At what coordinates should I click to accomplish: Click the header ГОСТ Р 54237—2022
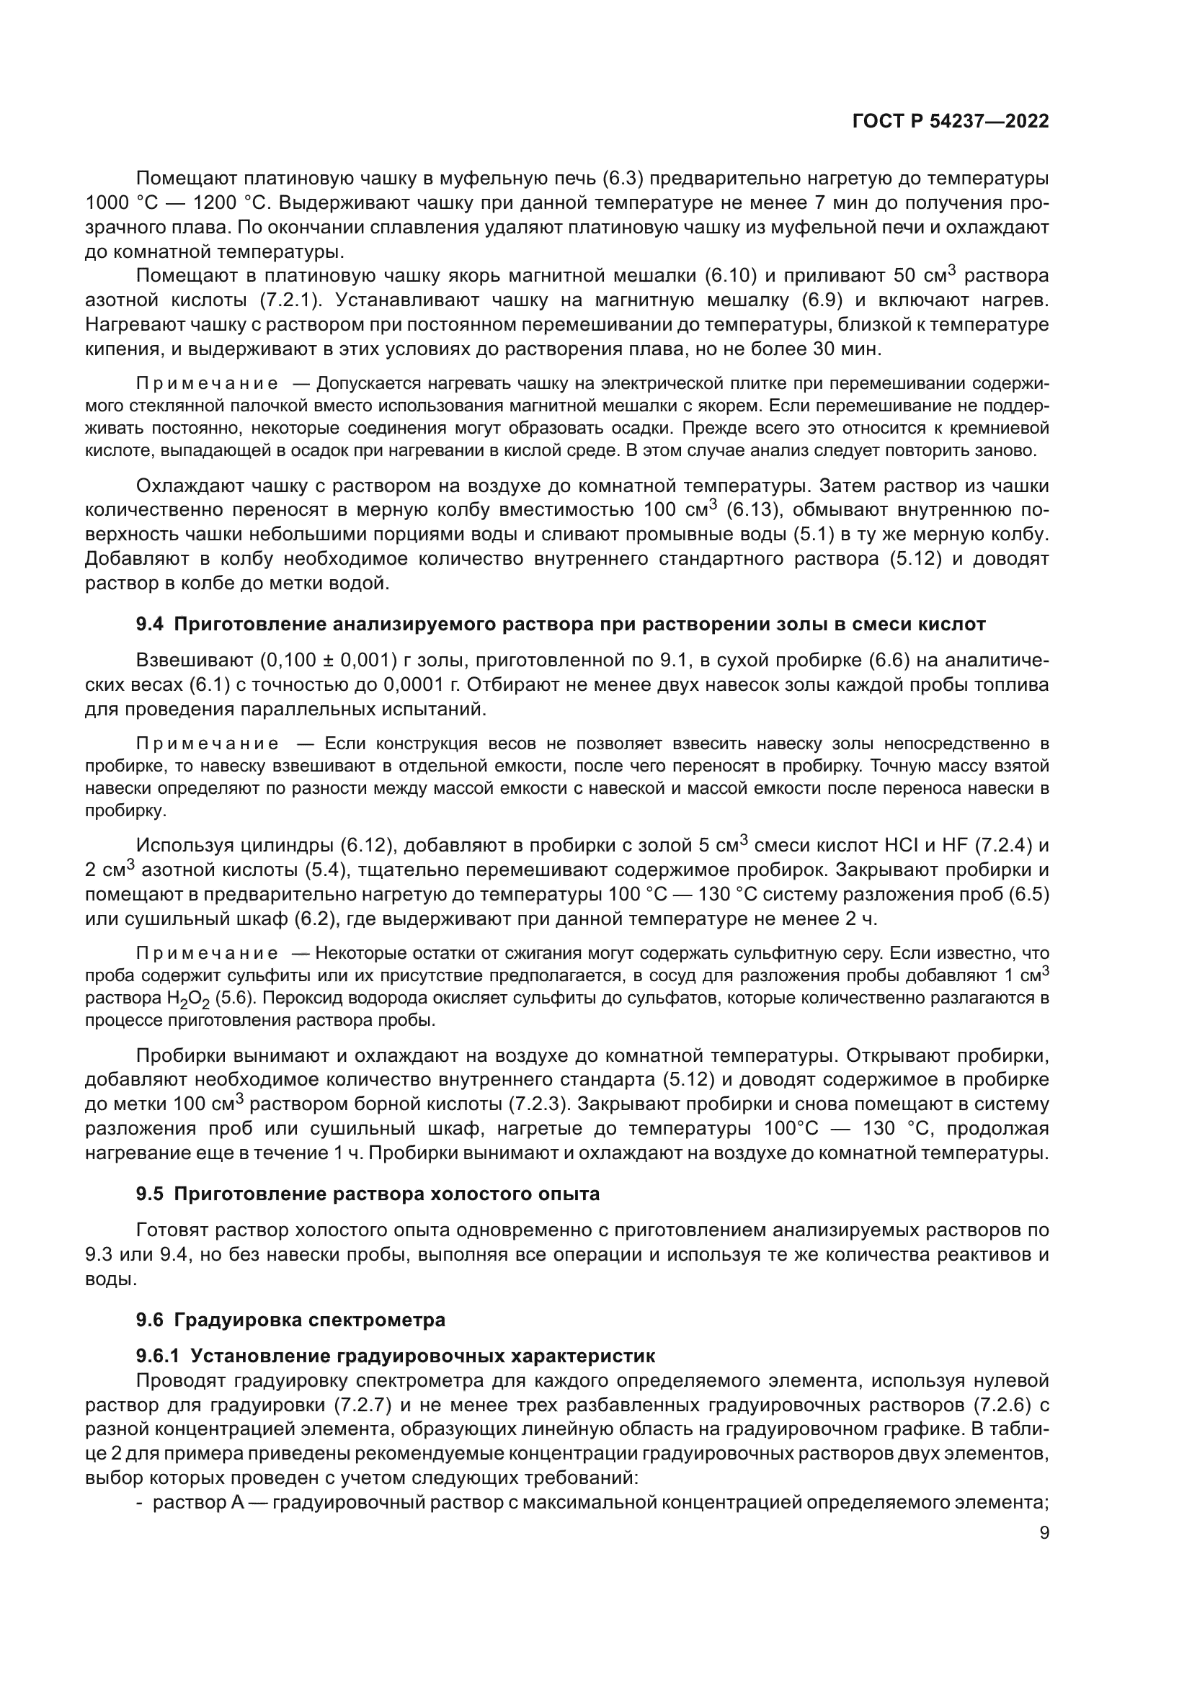950,121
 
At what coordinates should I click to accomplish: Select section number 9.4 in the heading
151,625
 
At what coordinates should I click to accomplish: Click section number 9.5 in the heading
151,1194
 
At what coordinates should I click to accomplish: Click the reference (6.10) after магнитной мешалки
729,276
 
